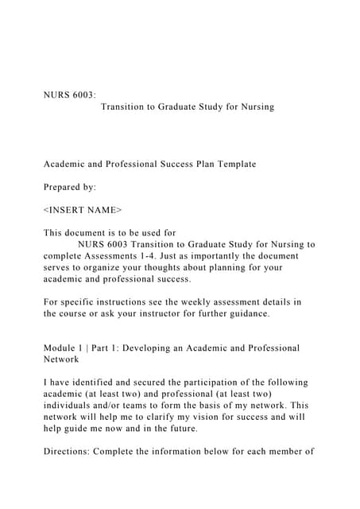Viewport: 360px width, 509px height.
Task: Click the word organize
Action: click(101, 268)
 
